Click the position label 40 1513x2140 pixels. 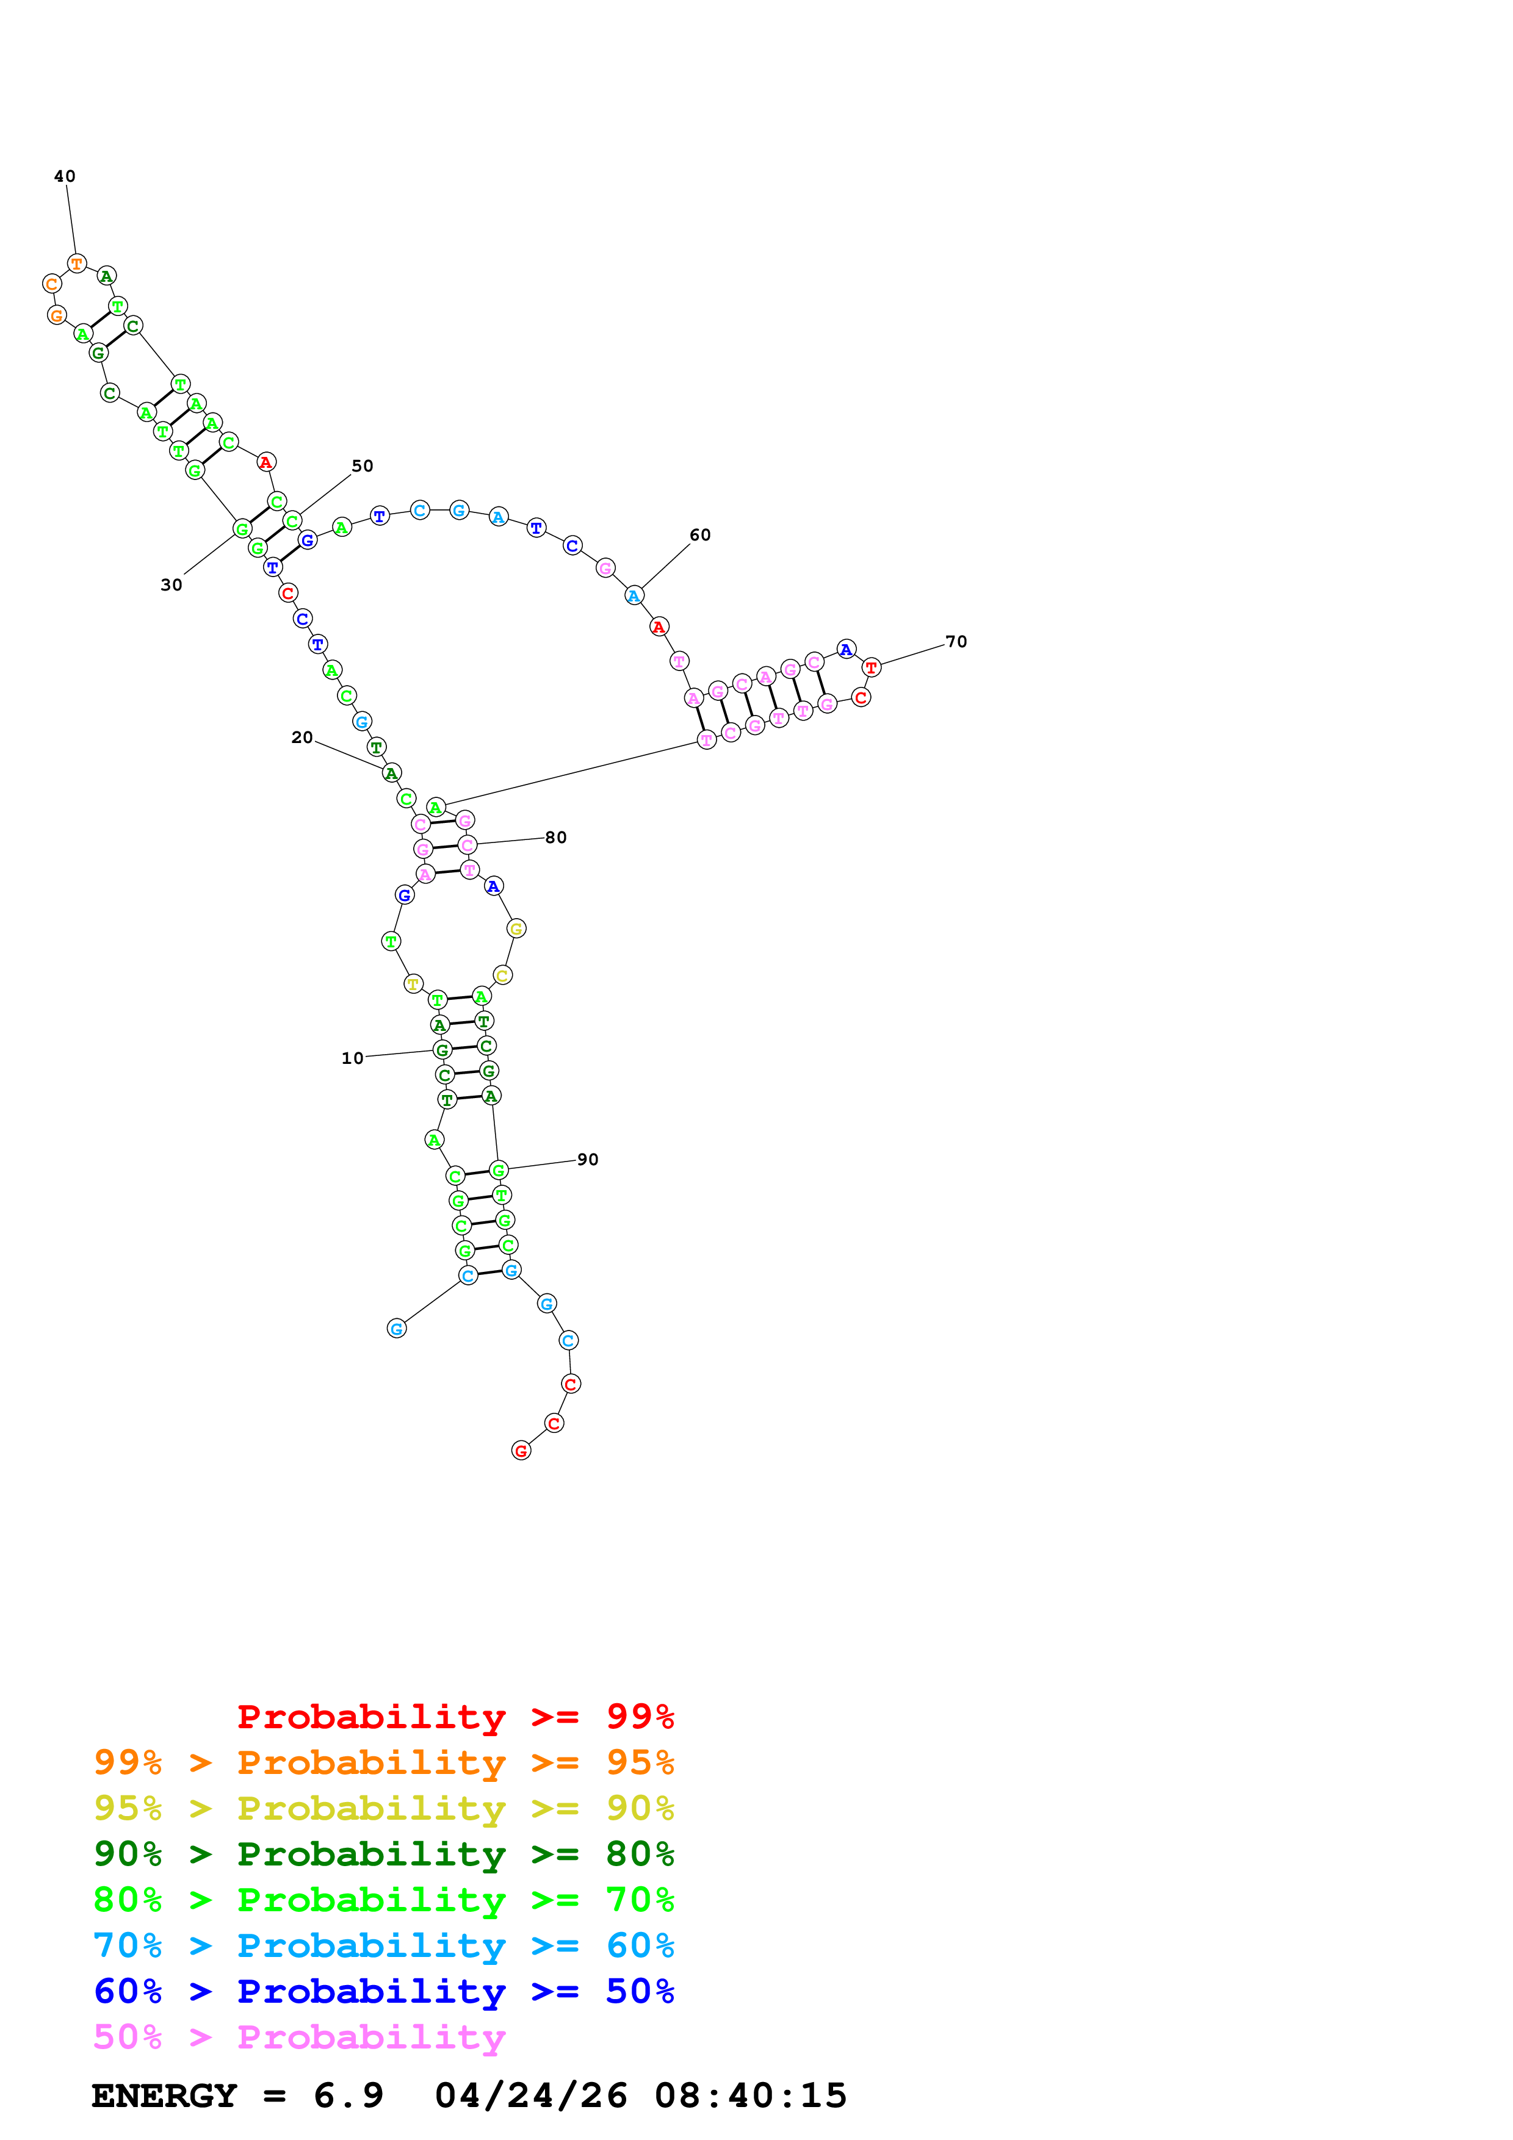[x=64, y=176]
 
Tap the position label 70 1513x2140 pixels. [x=956, y=641]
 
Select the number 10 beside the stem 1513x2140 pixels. [x=352, y=1058]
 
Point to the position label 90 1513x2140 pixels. [x=587, y=1160]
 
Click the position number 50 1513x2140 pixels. [x=362, y=466]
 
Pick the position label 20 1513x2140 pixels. [x=302, y=738]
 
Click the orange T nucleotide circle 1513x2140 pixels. [x=76, y=264]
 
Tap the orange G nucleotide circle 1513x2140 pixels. [x=57, y=315]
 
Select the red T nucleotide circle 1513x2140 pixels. [x=871, y=667]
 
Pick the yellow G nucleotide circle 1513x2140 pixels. [x=516, y=928]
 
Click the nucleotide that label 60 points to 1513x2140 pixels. [x=634, y=595]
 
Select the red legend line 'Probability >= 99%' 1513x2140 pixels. [x=455, y=1717]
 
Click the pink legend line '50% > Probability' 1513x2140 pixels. [x=299, y=2038]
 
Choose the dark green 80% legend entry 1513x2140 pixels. [x=383, y=1854]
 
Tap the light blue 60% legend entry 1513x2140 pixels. [x=383, y=1945]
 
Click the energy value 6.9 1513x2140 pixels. [x=348, y=2096]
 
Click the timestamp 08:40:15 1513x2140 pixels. [x=751, y=2096]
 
